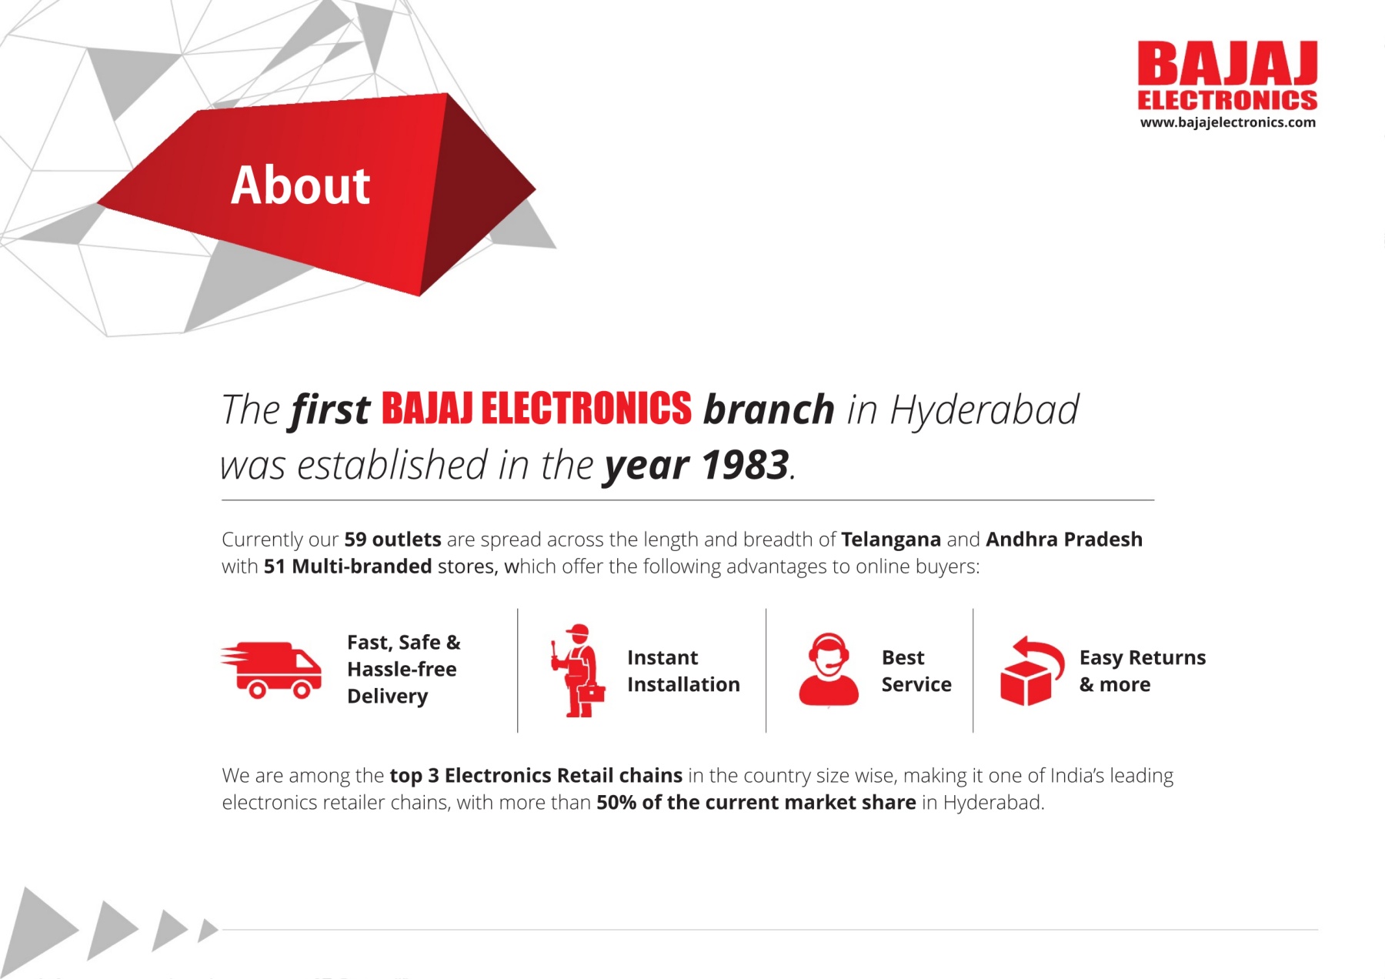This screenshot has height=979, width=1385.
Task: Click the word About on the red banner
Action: click(300, 185)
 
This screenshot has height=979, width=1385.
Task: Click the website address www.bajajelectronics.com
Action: click(1227, 122)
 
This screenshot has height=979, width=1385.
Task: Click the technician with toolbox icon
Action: click(578, 670)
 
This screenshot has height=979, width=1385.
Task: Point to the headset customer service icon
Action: click(828, 669)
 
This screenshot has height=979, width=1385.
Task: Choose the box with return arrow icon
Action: click(1031, 670)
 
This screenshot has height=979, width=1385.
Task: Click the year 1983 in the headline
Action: click(745, 465)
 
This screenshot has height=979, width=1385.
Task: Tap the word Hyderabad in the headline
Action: click(984, 409)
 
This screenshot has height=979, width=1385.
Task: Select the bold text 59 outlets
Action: click(392, 539)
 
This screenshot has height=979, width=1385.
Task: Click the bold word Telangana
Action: click(891, 540)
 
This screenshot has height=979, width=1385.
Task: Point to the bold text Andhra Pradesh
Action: click(1064, 539)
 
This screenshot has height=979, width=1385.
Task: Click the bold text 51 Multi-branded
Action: click(348, 566)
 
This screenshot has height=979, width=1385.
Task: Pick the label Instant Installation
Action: click(683, 670)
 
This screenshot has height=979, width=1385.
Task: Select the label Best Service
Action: click(916, 670)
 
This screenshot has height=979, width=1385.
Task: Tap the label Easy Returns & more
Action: click(1143, 670)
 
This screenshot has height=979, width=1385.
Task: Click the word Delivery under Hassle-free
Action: click(387, 697)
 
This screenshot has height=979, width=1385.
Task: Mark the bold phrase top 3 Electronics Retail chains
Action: click(536, 775)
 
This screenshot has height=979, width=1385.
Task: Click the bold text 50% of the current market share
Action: click(756, 802)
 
